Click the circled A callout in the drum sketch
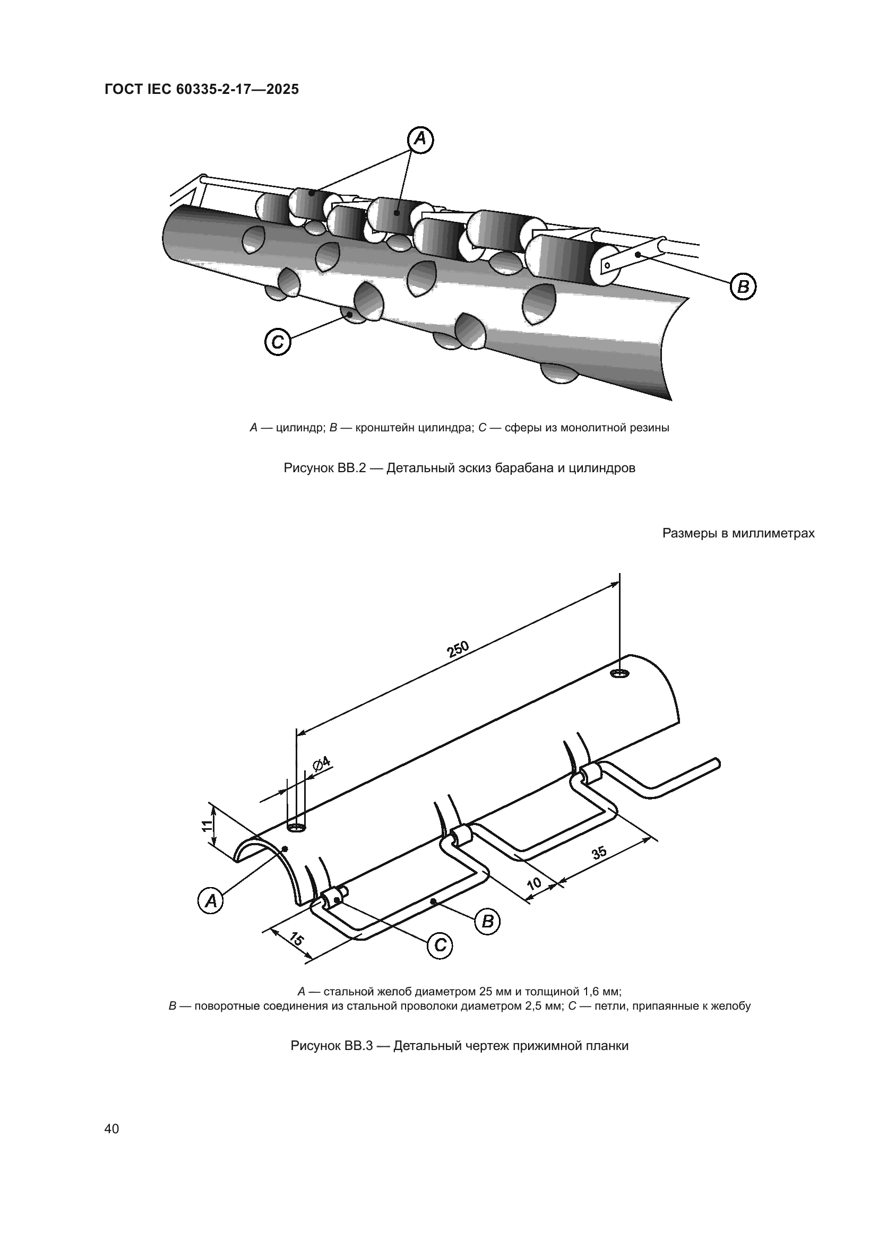tap(420, 140)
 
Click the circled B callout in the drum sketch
tap(743, 287)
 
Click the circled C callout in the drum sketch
tap(278, 342)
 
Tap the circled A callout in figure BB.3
tap(210, 900)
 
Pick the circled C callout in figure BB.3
tap(440, 945)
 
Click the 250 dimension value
tap(459, 648)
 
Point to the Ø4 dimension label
tap(322, 763)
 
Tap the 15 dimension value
tap(295, 939)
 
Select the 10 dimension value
tap(533, 884)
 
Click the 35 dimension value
tap(599, 853)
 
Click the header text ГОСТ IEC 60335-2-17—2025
tap(202, 89)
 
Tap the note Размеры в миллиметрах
tap(738, 533)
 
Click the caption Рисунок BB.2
tap(459, 468)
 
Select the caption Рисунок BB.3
tap(459, 1046)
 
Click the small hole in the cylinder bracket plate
tap(608, 265)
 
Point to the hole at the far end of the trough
tap(619, 673)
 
